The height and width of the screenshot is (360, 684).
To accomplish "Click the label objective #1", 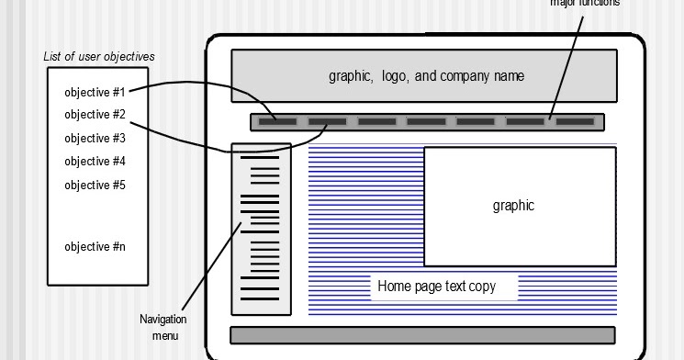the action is [x=95, y=92].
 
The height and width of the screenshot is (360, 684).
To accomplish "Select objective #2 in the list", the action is [x=95, y=115].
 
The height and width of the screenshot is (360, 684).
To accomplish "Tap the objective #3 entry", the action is [x=95, y=139].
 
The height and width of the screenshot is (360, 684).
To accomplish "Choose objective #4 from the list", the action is [x=95, y=162].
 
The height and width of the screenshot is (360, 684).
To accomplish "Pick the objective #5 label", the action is [x=95, y=186].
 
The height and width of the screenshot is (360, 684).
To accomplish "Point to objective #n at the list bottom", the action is [x=95, y=247].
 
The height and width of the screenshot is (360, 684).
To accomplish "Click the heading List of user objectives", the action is [x=99, y=57].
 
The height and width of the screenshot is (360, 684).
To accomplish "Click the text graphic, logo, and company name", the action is [x=426, y=76].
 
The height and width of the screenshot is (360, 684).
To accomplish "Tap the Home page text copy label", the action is [x=436, y=287].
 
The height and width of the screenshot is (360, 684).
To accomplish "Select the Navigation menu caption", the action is [x=163, y=327].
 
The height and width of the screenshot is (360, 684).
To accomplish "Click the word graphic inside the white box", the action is [x=513, y=206].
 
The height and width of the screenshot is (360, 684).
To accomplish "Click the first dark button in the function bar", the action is [x=277, y=121].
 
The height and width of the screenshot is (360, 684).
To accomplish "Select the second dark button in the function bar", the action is [x=327, y=121].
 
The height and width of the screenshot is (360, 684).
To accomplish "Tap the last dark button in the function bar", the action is [x=576, y=121].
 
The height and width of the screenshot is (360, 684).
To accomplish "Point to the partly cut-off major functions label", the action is [x=585, y=3].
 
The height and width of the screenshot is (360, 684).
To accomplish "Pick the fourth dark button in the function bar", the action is [x=426, y=121].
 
